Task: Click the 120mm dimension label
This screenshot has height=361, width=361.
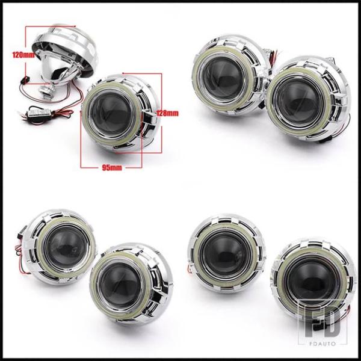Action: [23, 55]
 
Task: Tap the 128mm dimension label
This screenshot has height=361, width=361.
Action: [167, 113]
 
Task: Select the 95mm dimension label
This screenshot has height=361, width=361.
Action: [112, 168]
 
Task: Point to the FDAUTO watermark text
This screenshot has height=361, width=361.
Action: [322, 344]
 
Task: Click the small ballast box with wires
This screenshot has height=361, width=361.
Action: [39, 112]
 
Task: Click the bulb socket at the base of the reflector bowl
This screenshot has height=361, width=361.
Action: [47, 91]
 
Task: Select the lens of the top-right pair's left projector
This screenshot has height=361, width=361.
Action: [223, 79]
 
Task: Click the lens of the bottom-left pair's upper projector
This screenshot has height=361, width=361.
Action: [66, 247]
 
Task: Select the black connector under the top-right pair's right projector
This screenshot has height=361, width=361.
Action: [324, 141]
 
